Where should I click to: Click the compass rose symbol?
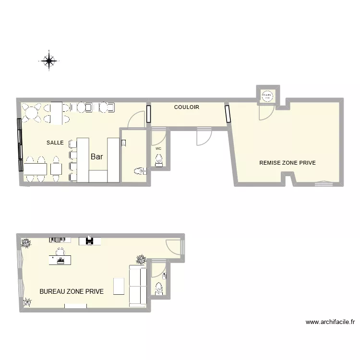point(48,60)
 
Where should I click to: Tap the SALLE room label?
point(55,143)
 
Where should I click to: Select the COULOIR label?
point(186,108)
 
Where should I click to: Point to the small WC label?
point(158,149)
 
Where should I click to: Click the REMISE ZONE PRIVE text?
point(288,163)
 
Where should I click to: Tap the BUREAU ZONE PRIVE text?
point(72,291)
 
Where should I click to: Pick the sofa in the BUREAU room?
point(138,286)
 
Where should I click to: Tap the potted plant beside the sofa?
point(141,260)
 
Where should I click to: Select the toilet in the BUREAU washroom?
point(158,288)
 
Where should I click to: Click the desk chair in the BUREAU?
point(60,252)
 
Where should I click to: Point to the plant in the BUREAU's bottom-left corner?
point(27,302)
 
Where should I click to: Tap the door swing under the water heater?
point(265,112)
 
